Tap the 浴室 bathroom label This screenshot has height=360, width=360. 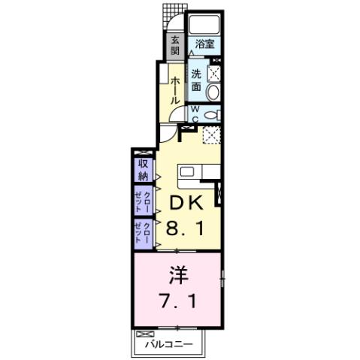click(204, 44)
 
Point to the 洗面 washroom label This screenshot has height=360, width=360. click(195, 80)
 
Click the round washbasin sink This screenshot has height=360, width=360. click(213, 92)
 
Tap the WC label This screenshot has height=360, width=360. click(193, 113)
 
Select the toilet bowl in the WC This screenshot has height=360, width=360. click(211, 113)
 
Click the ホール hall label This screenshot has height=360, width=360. click(174, 89)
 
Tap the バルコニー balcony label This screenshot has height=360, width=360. click(169, 344)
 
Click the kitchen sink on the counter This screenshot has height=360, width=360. click(186, 171)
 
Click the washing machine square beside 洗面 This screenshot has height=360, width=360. click(213, 74)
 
